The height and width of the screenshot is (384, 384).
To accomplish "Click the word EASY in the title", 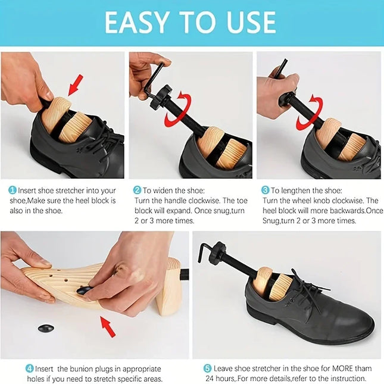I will (141, 23).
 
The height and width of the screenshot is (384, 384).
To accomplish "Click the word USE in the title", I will (246, 23).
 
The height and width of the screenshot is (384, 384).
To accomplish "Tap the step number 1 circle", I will (13, 191).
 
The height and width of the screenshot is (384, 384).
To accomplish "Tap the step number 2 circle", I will (137, 191).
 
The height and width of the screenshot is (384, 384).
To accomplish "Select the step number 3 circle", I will (266, 191).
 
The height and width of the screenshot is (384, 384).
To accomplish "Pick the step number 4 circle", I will (29, 368).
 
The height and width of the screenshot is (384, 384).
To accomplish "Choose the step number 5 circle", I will (207, 368).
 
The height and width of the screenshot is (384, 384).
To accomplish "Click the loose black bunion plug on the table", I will (46, 328).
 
